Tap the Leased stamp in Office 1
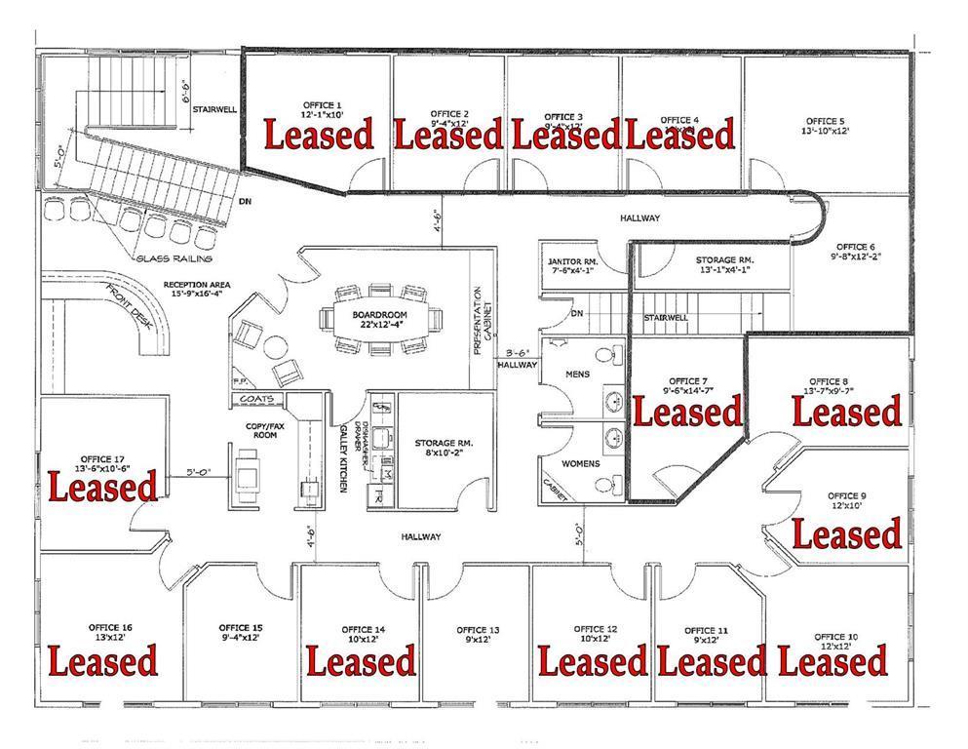click(320, 135)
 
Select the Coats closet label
click(262, 400)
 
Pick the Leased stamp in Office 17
click(102, 485)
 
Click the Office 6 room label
click(856, 252)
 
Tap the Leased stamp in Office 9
click(846, 534)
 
